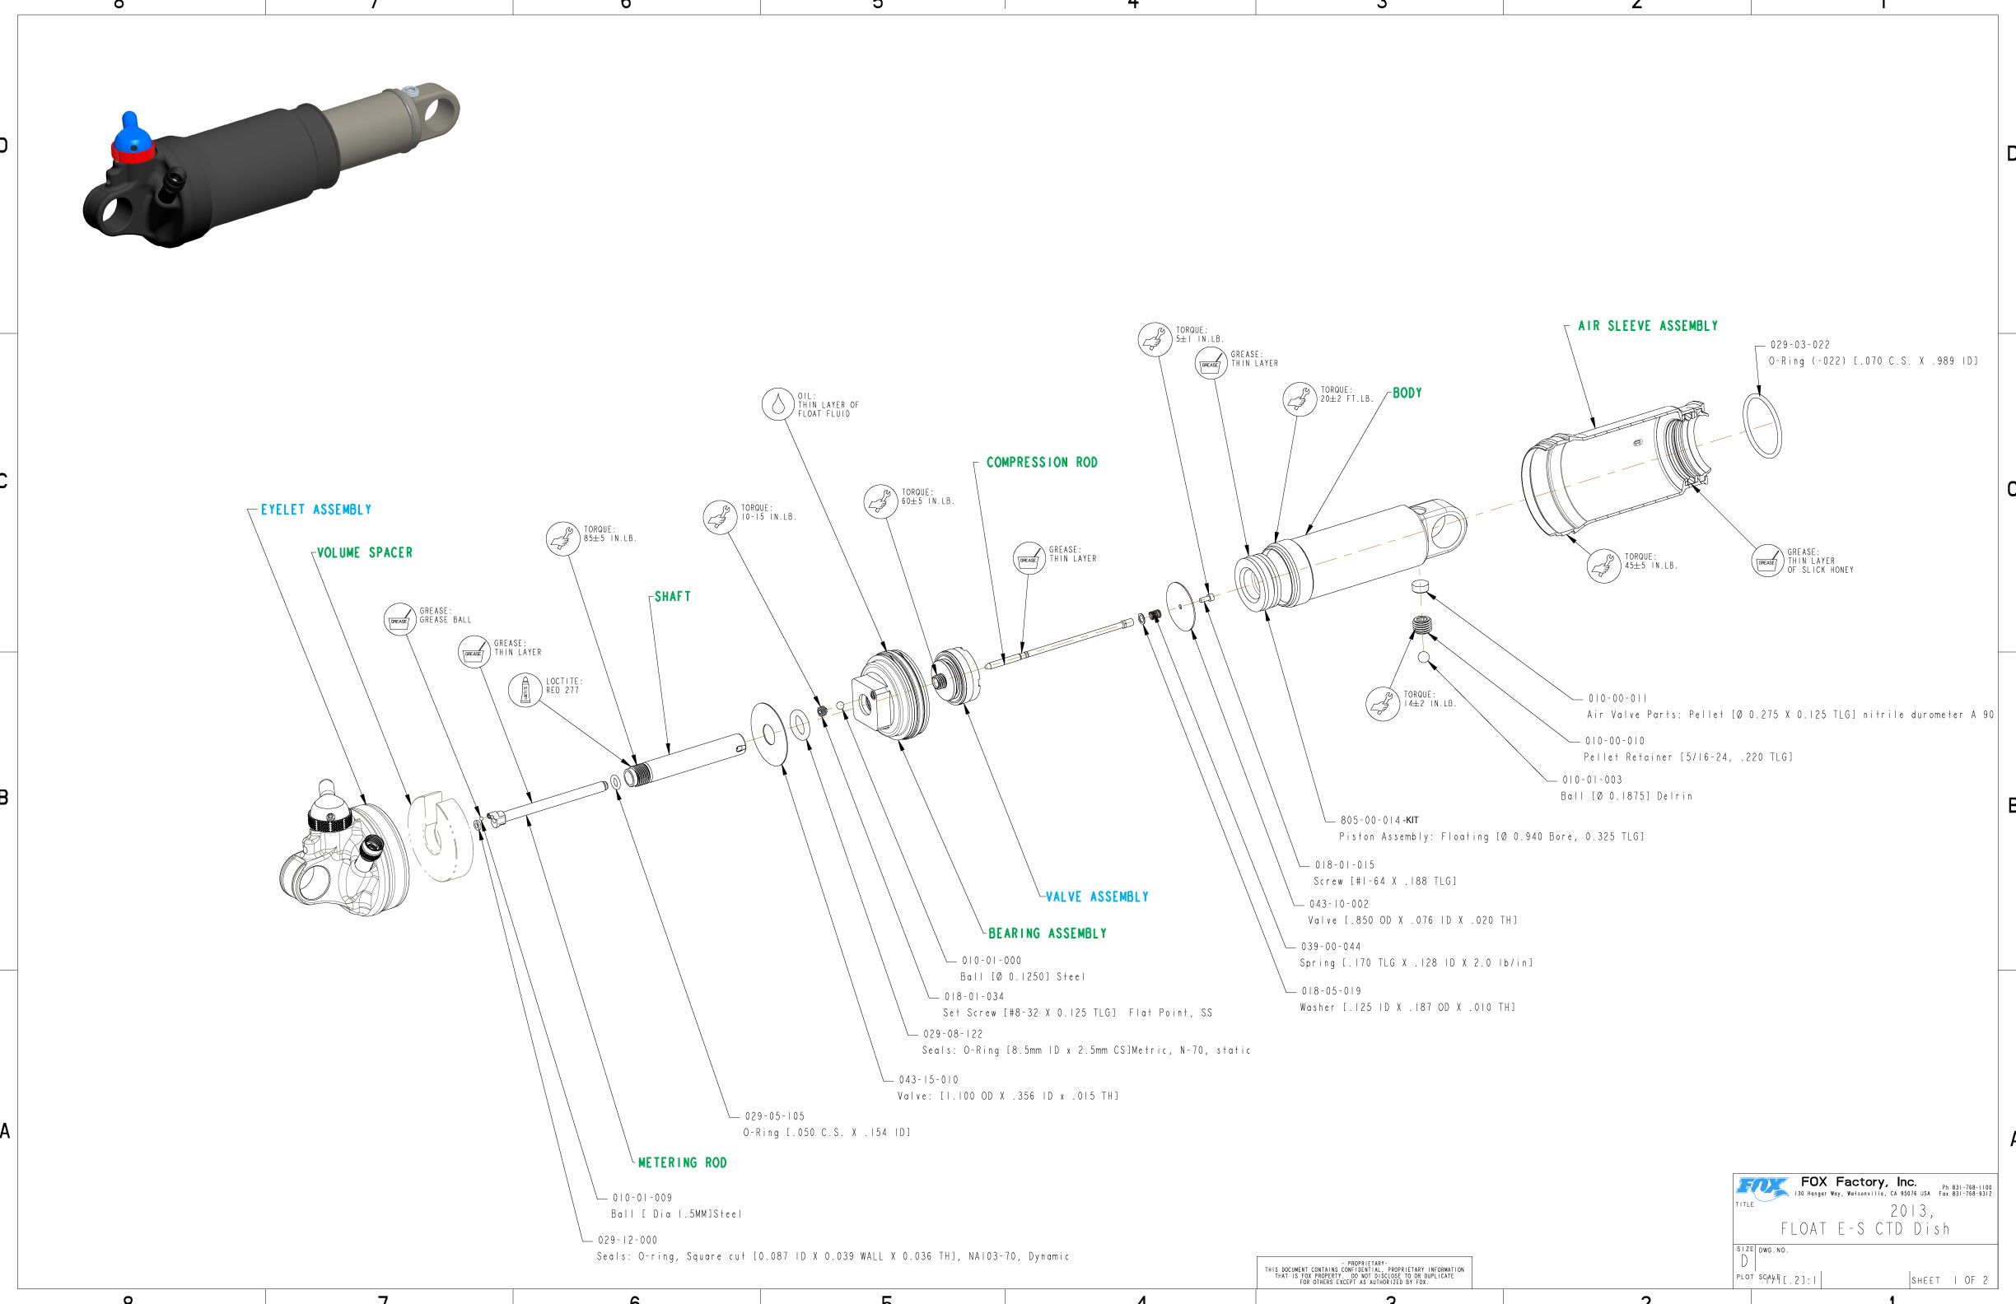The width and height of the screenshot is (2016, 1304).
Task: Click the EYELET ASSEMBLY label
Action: click(x=316, y=510)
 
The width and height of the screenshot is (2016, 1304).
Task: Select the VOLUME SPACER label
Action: click(x=364, y=553)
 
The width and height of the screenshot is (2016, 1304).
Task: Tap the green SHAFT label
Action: click(x=673, y=597)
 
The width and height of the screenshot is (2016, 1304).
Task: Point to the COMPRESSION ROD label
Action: click(x=1041, y=463)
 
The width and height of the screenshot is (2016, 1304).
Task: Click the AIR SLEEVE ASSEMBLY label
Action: click(x=1648, y=326)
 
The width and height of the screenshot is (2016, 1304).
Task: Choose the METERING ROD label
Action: click(x=682, y=1162)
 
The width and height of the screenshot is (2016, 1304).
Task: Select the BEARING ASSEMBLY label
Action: click(x=1047, y=933)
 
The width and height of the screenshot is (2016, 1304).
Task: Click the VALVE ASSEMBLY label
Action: click(x=1097, y=896)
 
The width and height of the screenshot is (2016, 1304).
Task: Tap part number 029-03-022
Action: click(x=1799, y=345)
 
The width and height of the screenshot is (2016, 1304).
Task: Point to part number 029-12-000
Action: click(x=627, y=1240)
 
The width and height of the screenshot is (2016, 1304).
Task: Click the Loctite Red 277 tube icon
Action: click(x=525, y=690)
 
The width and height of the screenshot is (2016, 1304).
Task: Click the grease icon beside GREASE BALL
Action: click(x=399, y=620)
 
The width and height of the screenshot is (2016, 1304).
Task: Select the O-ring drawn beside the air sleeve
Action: click(x=1762, y=425)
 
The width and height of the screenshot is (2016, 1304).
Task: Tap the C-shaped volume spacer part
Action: click(x=441, y=836)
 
